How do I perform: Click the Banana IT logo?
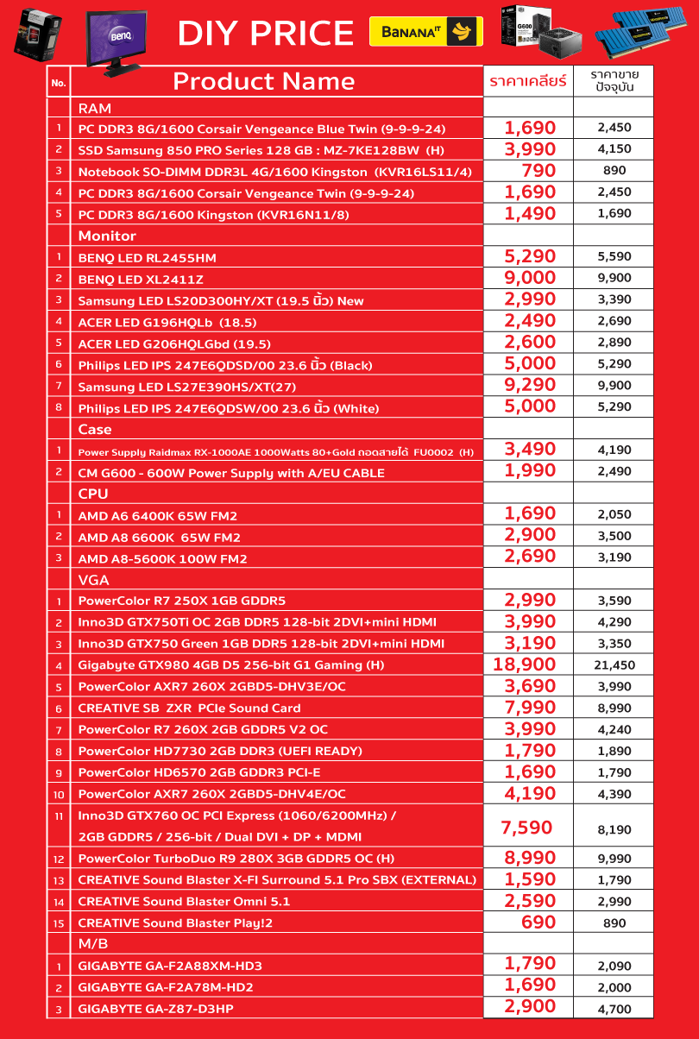click(x=425, y=32)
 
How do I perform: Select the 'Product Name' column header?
click(x=264, y=81)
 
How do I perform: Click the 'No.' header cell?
click(x=59, y=83)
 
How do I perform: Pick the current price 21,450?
click(x=614, y=664)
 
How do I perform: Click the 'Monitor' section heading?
click(x=107, y=236)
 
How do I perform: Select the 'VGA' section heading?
click(x=93, y=579)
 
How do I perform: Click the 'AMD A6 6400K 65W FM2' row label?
click(x=157, y=515)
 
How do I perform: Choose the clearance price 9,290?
click(x=530, y=385)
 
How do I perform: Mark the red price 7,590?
click(x=526, y=827)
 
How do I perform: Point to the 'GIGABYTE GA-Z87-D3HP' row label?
click(x=155, y=1008)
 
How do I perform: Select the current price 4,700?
click(x=614, y=1008)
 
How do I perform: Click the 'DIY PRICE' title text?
click(x=266, y=33)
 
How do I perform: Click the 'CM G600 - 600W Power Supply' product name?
click(x=231, y=472)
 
